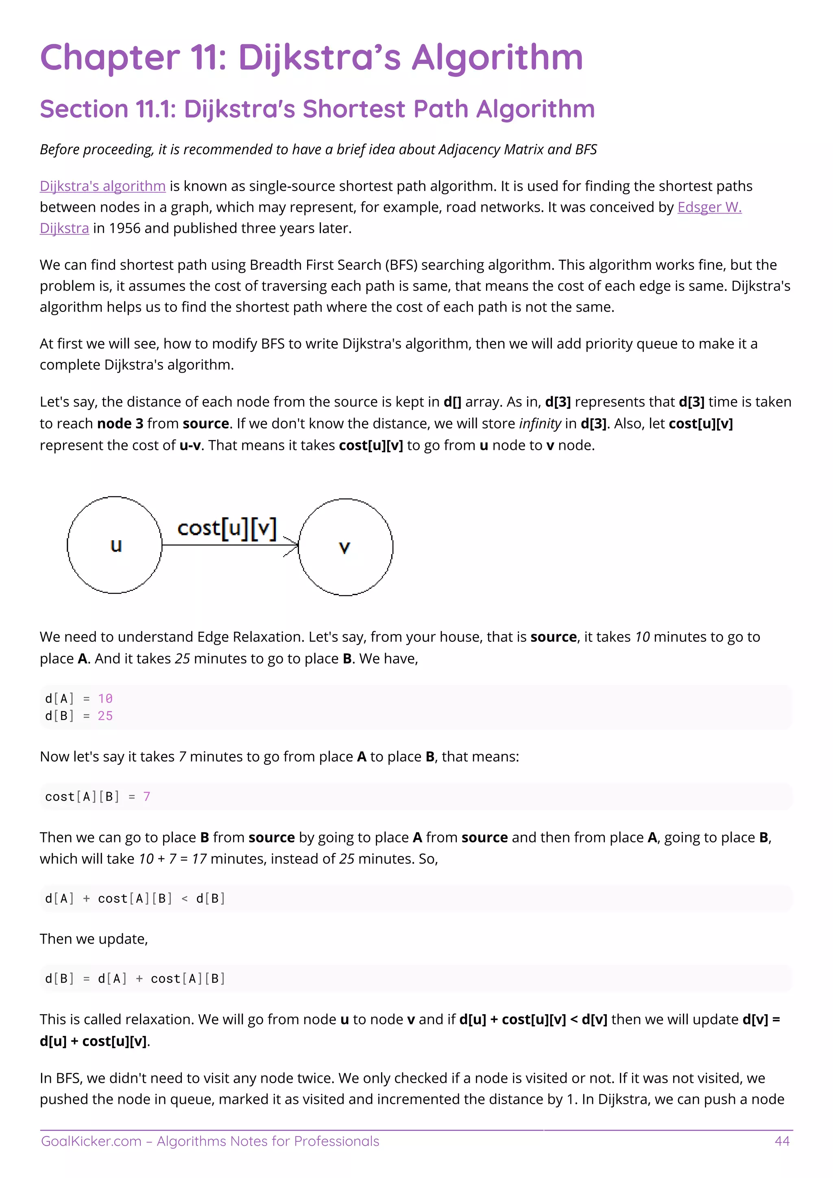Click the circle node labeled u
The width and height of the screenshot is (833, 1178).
114,545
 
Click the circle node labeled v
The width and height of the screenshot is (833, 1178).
346,547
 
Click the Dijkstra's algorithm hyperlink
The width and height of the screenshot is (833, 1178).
102,186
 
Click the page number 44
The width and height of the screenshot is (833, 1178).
782,1141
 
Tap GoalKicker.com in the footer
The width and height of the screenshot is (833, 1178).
91,1141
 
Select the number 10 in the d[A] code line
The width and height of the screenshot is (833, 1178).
105,698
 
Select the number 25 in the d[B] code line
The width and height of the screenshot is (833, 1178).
105,716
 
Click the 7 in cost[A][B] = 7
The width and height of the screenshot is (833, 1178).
147,796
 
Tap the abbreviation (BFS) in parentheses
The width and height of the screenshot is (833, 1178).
401,265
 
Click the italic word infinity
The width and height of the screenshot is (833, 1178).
540,423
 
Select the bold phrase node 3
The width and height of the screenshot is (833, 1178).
120,423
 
